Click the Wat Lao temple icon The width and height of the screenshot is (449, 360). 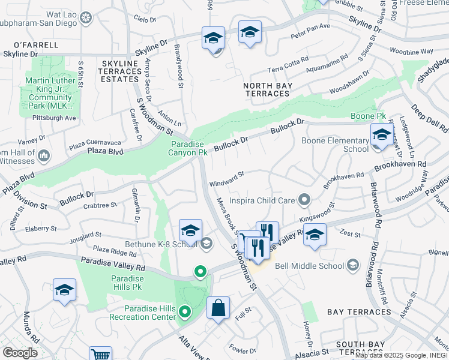click(87, 16)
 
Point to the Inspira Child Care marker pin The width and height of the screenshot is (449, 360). click(306, 199)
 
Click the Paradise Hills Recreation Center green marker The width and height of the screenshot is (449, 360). click(185, 311)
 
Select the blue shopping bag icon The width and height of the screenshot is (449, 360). click(218, 308)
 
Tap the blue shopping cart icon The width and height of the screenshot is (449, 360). click(100, 354)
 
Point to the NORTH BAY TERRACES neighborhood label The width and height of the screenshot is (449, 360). click(267, 90)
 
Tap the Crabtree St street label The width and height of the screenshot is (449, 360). click(100, 205)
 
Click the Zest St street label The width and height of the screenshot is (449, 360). click(348, 239)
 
